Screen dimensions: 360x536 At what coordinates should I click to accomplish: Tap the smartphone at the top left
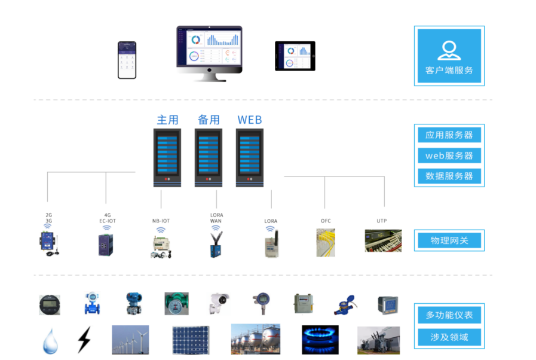[127, 60]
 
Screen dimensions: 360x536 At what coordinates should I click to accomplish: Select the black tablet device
[295, 56]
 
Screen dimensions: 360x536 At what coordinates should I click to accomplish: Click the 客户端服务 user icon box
[449, 56]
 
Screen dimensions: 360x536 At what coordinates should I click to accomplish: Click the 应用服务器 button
[449, 135]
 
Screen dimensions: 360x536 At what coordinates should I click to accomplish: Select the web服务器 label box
[449, 155]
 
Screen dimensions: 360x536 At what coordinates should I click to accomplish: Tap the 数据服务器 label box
[449, 176]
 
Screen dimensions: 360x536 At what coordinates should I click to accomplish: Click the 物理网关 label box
[449, 240]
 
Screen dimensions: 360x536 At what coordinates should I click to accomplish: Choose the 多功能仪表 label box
[449, 315]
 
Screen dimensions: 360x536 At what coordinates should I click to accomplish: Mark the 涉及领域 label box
[449, 337]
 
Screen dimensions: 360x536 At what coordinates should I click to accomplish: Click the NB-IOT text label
[161, 221]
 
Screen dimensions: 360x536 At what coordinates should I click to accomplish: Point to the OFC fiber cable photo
[326, 243]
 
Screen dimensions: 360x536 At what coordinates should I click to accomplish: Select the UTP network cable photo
[383, 240]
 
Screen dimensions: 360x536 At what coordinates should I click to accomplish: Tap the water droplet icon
[49, 341]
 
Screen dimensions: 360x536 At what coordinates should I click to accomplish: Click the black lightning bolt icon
[84, 339]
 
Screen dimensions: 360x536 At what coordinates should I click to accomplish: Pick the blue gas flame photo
[320, 340]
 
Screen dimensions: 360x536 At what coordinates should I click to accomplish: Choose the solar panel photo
[191, 340]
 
